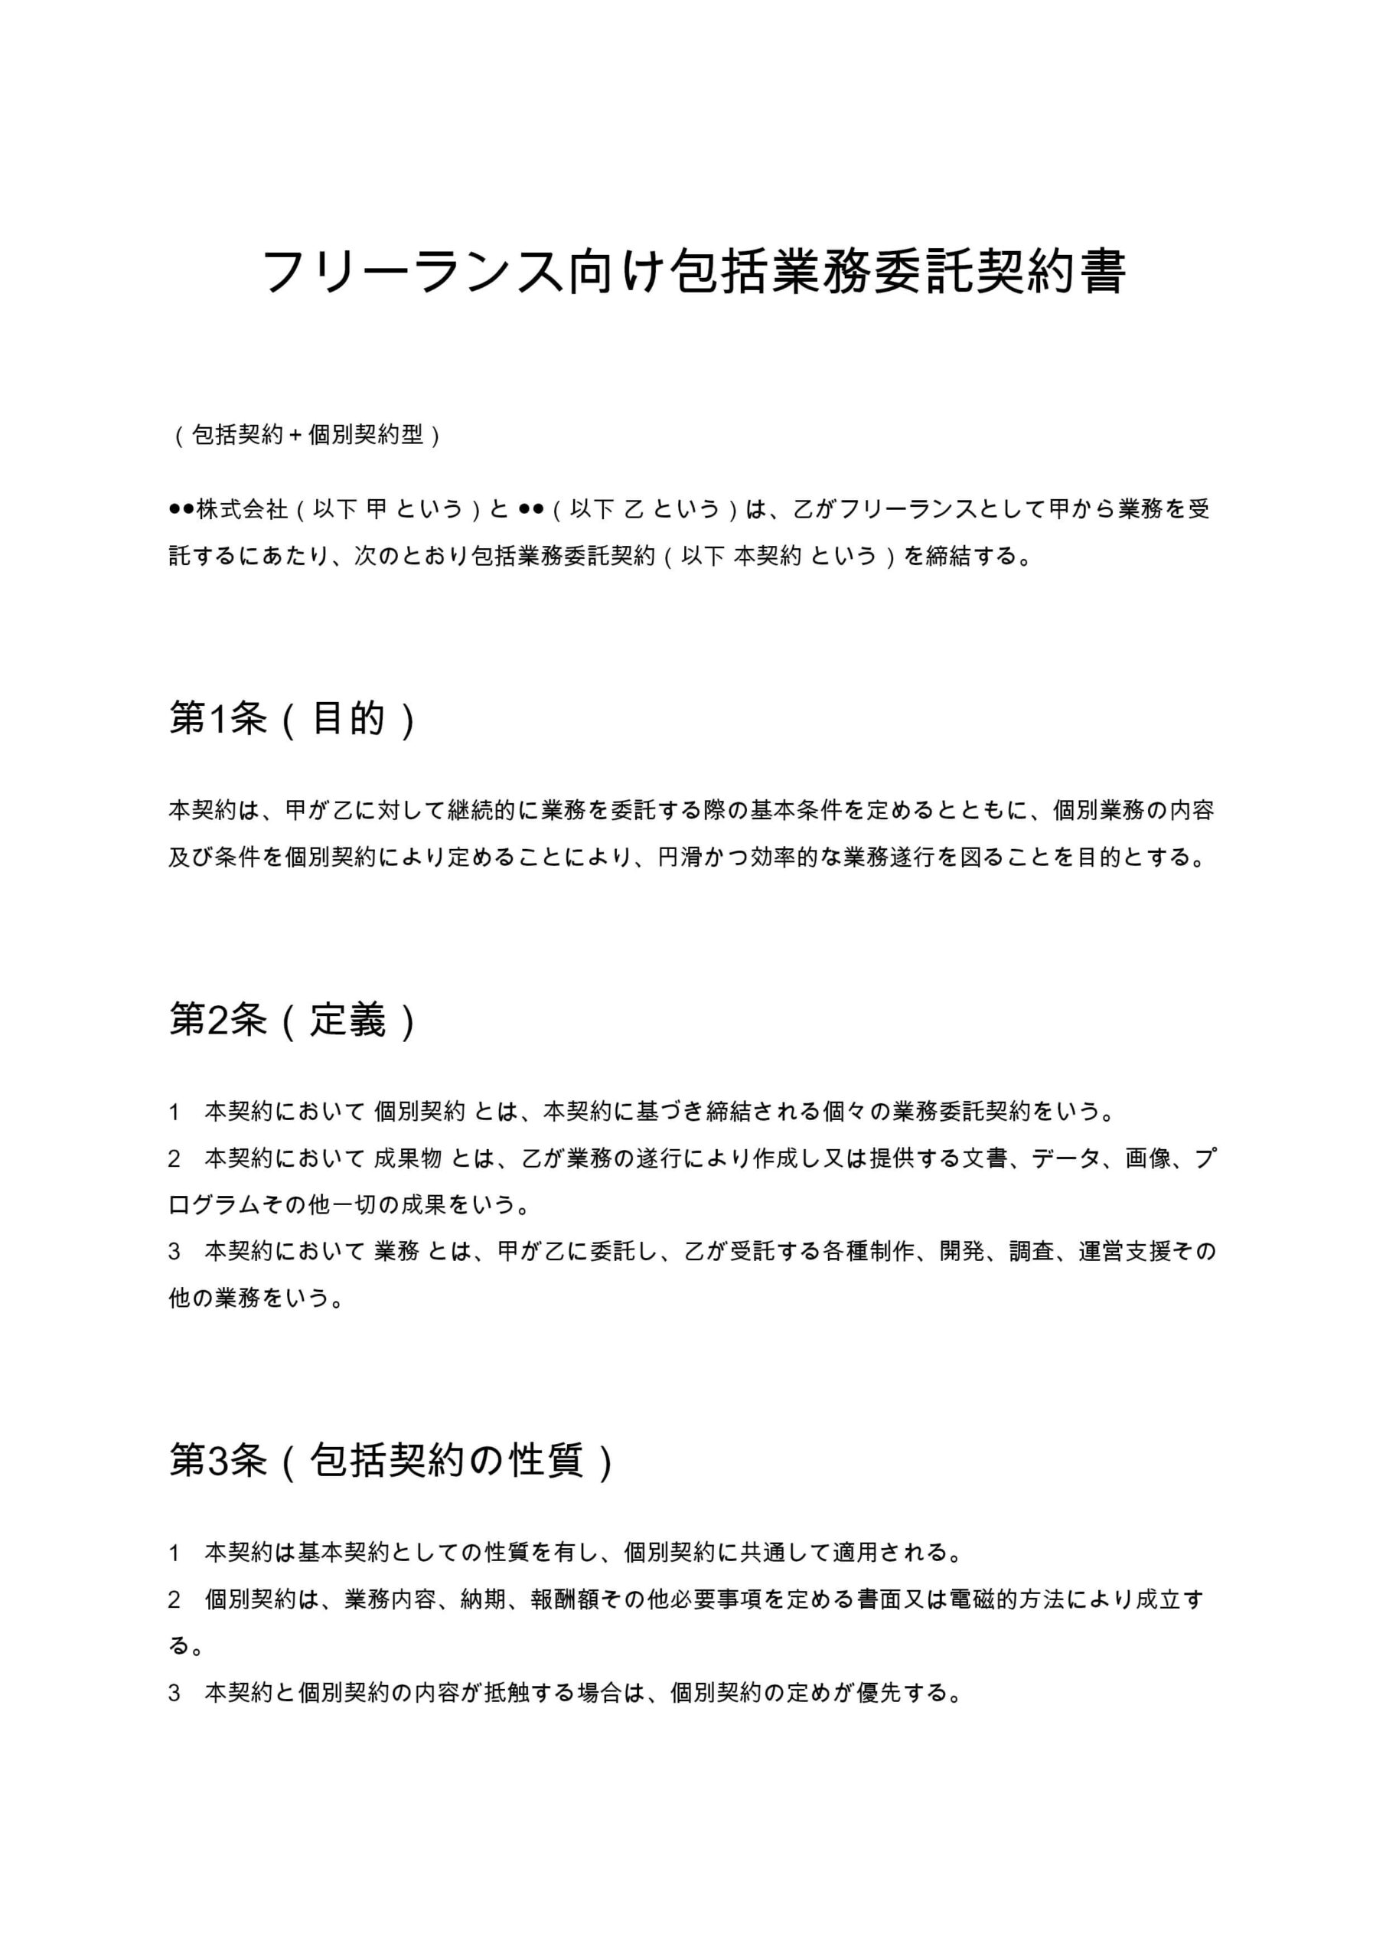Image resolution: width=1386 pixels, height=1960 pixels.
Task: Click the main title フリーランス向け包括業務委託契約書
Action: [x=693, y=272]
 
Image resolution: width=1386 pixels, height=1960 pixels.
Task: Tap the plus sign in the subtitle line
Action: [x=295, y=436]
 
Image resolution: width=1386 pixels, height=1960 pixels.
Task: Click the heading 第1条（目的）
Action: [x=292, y=719]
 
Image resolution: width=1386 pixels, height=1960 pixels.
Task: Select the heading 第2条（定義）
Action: [x=292, y=1019]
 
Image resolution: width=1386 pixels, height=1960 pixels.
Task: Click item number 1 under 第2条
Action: [x=174, y=1112]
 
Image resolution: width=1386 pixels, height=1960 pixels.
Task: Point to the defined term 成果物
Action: [x=408, y=1158]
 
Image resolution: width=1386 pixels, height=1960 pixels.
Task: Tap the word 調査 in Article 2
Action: [x=1031, y=1252]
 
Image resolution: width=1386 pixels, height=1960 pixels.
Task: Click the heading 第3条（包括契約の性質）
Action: [x=390, y=1460]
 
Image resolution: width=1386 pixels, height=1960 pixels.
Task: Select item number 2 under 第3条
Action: [x=174, y=1599]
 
